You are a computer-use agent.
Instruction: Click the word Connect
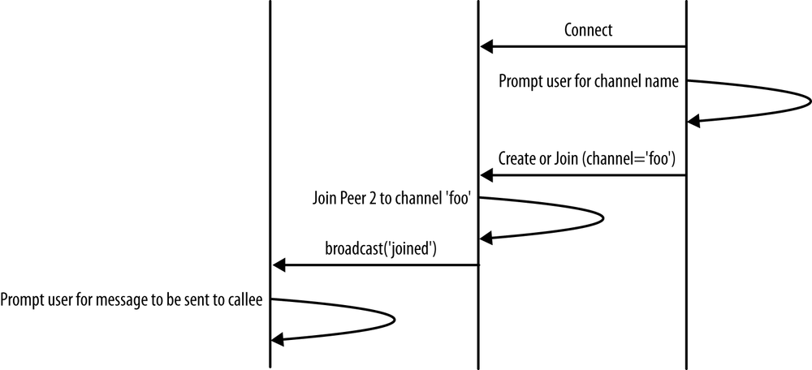coord(588,31)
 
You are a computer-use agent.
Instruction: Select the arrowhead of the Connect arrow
coord(486,47)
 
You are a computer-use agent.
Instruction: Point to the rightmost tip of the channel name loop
coord(809,101)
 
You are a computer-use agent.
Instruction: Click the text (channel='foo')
coord(628,160)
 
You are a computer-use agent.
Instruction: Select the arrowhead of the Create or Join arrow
coord(486,175)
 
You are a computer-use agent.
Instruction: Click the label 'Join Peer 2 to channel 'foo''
coord(393,199)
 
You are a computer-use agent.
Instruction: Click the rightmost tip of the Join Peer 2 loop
coord(603,217)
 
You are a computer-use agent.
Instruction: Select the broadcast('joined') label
coord(381,249)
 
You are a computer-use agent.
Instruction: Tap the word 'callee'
coord(244,300)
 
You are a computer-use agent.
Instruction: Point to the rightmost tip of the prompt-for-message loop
coord(395,319)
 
